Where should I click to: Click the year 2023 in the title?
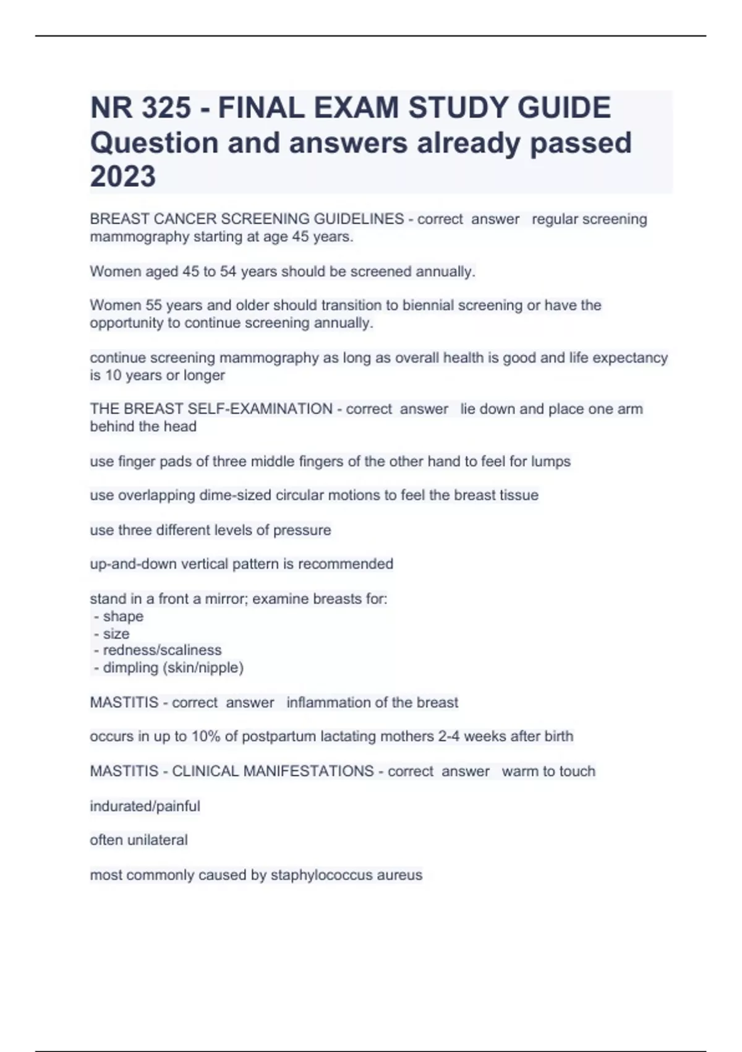tap(123, 176)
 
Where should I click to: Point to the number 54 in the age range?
tap(228, 271)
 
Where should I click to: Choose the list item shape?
tap(123, 616)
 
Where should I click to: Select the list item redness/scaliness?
tap(162, 650)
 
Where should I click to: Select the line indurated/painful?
tap(145, 806)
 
